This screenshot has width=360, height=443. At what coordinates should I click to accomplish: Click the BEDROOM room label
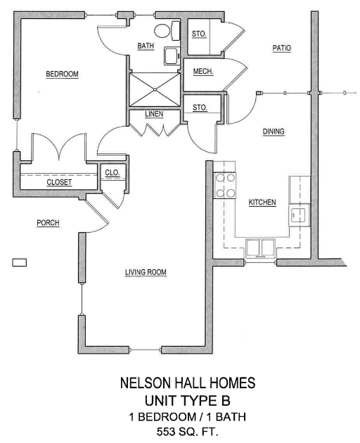point(62,74)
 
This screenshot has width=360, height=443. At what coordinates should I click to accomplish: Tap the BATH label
point(146,46)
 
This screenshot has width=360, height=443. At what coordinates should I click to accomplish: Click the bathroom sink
point(172,56)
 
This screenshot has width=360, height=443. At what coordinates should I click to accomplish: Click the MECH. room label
point(203,72)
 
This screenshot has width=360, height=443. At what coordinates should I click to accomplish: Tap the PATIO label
point(281,48)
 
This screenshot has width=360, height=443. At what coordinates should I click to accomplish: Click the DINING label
point(274,131)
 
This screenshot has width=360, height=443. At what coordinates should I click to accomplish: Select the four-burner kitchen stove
point(225,185)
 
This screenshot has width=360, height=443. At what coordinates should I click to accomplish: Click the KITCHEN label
point(262,203)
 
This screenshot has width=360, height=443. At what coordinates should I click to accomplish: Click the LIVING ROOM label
point(146,272)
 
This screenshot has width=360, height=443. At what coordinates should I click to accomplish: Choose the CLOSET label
point(59,182)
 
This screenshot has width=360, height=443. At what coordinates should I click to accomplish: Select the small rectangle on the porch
point(20,263)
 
